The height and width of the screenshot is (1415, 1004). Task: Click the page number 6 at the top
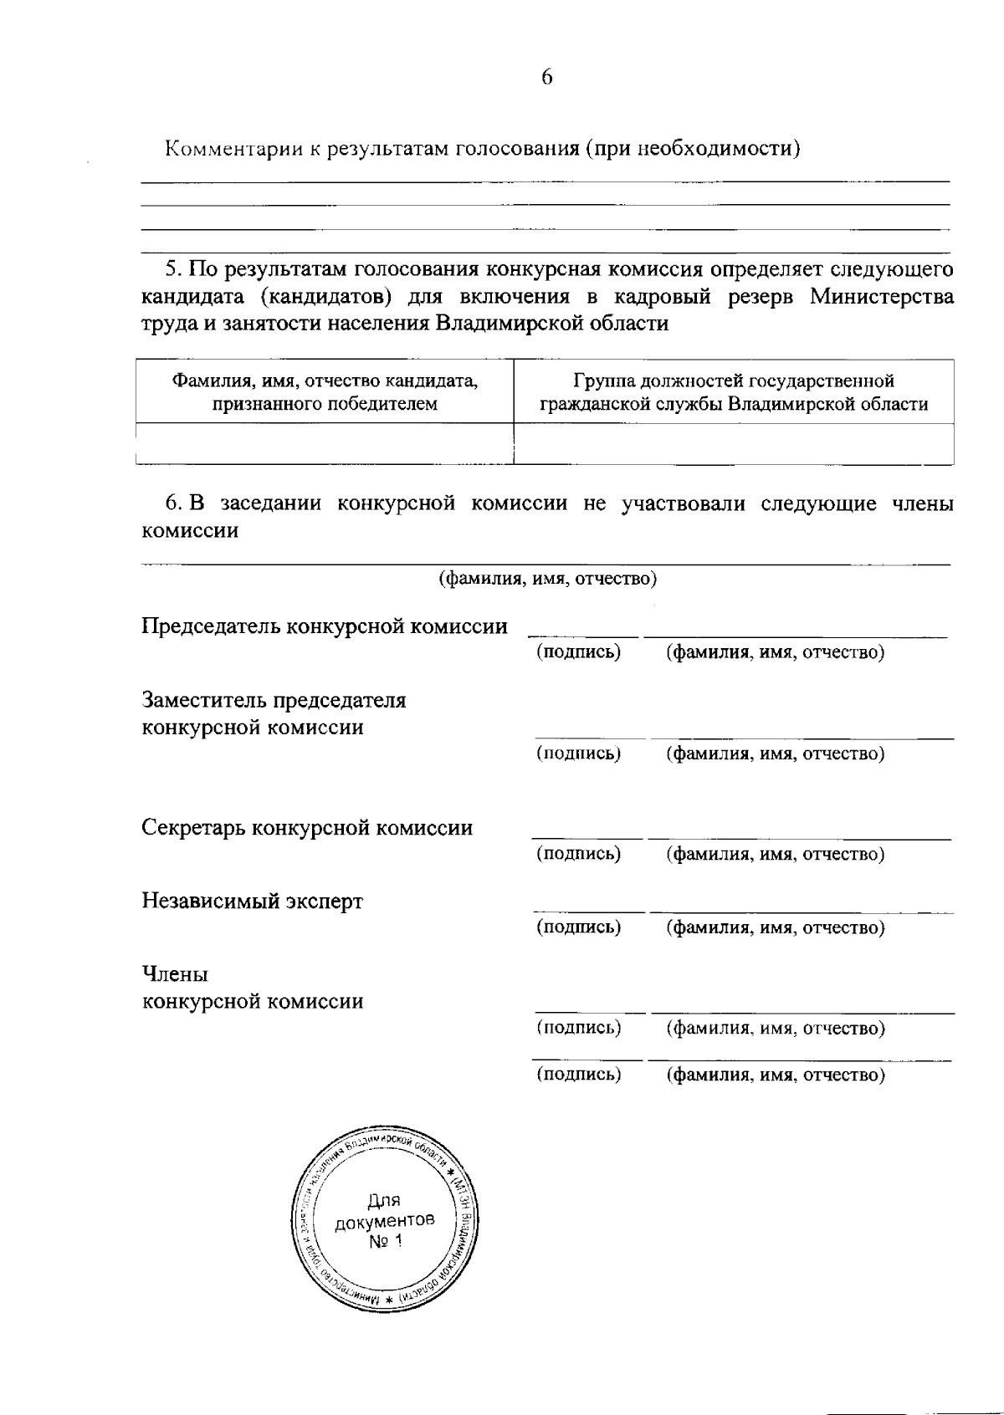click(x=546, y=77)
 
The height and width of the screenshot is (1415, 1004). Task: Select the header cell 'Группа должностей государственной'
click(x=734, y=381)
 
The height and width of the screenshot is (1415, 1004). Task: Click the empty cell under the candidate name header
click(x=325, y=443)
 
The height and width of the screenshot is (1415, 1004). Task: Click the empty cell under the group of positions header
click(x=734, y=443)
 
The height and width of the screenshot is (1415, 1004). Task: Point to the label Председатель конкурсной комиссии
click(x=325, y=626)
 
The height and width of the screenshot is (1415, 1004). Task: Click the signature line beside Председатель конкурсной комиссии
click(x=582, y=636)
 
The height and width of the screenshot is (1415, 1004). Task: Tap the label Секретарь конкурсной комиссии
click(x=307, y=828)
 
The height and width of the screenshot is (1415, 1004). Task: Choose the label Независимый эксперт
click(x=252, y=902)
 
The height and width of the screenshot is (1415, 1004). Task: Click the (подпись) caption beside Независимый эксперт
click(x=579, y=927)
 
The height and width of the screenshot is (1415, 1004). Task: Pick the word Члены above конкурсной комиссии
click(x=175, y=974)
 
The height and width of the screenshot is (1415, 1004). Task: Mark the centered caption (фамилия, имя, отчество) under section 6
click(x=548, y=579)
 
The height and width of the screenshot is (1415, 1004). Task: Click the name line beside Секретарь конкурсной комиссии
click(x=799, y=838)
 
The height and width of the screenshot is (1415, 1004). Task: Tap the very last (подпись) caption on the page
click(x=579, y=1075)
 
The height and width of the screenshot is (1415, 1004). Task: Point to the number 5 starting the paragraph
click(x=172, y=270)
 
